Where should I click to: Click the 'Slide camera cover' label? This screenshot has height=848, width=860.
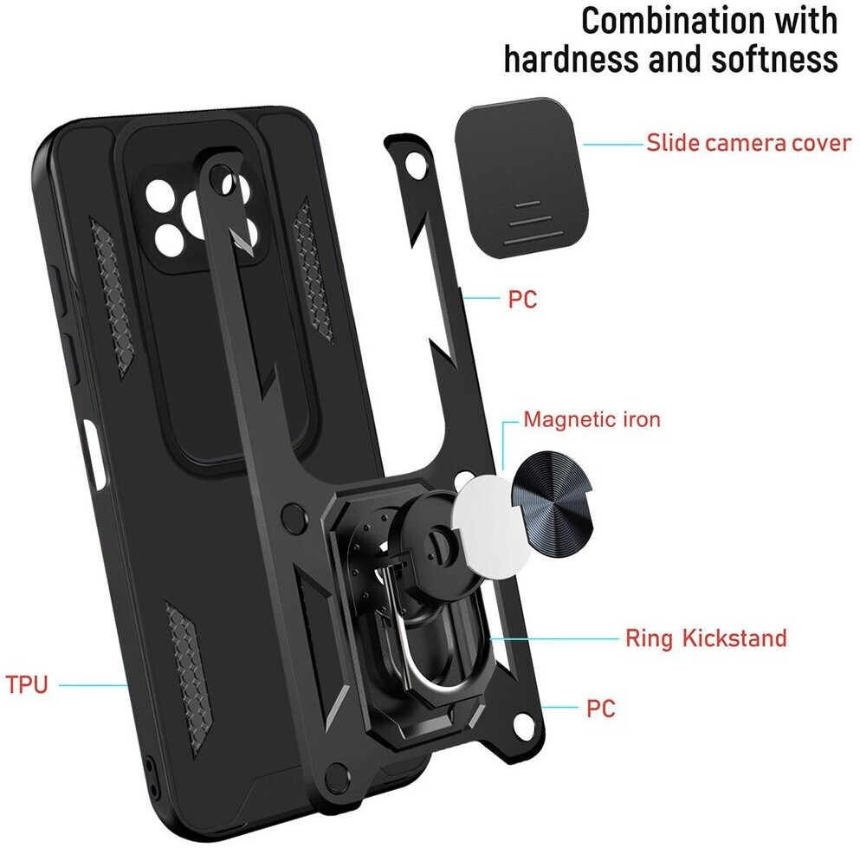point(748,143)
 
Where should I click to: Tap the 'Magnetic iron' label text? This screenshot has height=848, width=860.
point(592,421)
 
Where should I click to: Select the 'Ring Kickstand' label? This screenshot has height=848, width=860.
point(706,639)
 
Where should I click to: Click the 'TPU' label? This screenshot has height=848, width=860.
point(27,683)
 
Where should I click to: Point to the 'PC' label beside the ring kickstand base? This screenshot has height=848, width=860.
point(600,709)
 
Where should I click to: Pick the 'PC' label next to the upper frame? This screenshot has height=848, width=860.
point(522,300)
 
